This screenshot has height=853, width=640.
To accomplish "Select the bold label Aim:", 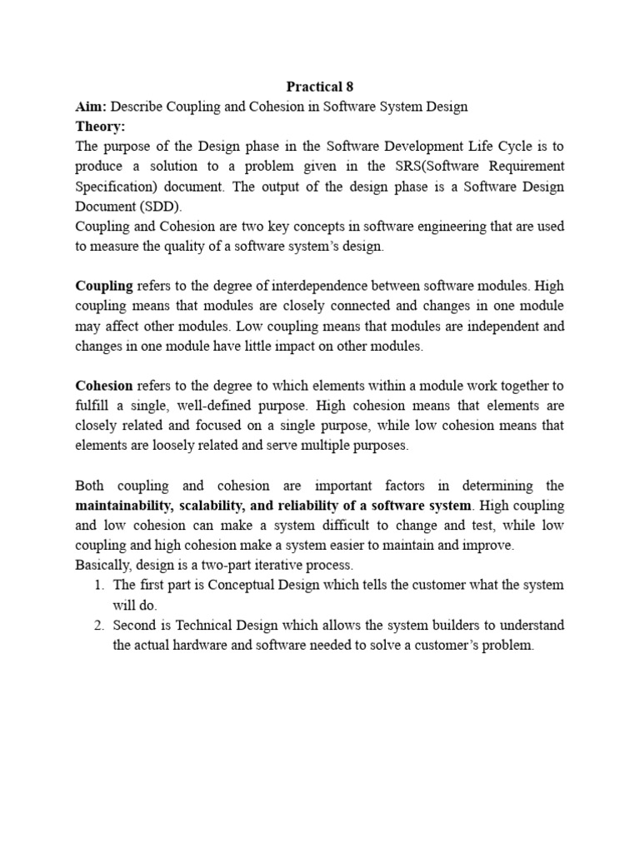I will [x=91, y=106].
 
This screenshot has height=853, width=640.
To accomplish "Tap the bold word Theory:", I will [x=100, y=126].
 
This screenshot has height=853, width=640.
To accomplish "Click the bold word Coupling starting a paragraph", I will [x=104, y=286].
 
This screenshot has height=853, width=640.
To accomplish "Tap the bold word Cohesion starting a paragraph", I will [x=104, y=386].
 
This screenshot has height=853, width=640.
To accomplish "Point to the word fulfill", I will [x=93, y=406].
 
